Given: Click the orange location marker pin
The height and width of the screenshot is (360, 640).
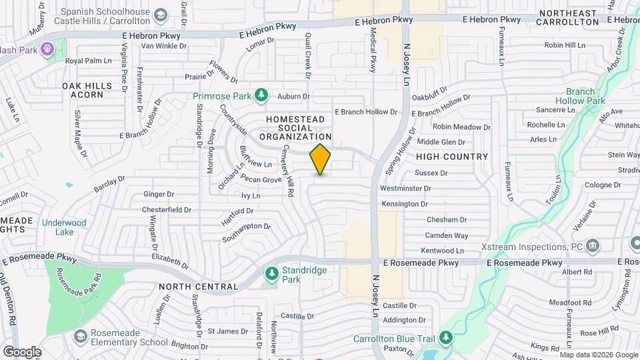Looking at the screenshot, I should coord(321,159).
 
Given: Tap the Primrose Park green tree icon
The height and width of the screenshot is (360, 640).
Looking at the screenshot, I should coord(261,96).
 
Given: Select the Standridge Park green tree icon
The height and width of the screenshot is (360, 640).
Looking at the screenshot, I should coord(271,273).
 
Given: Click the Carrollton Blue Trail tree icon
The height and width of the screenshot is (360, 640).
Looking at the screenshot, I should coord(447,338).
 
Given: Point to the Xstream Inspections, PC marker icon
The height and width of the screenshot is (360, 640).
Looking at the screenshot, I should coord(591,247).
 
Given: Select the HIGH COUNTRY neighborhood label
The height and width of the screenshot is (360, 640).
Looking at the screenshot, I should coord(452,157).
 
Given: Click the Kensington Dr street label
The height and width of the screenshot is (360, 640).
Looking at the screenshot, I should coord(403,203).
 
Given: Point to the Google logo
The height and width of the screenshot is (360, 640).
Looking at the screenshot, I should coord(22,351).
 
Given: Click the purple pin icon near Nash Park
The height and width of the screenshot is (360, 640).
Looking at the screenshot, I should coord(47,49).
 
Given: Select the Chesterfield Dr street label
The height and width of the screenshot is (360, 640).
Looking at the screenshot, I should coord(167,209).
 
